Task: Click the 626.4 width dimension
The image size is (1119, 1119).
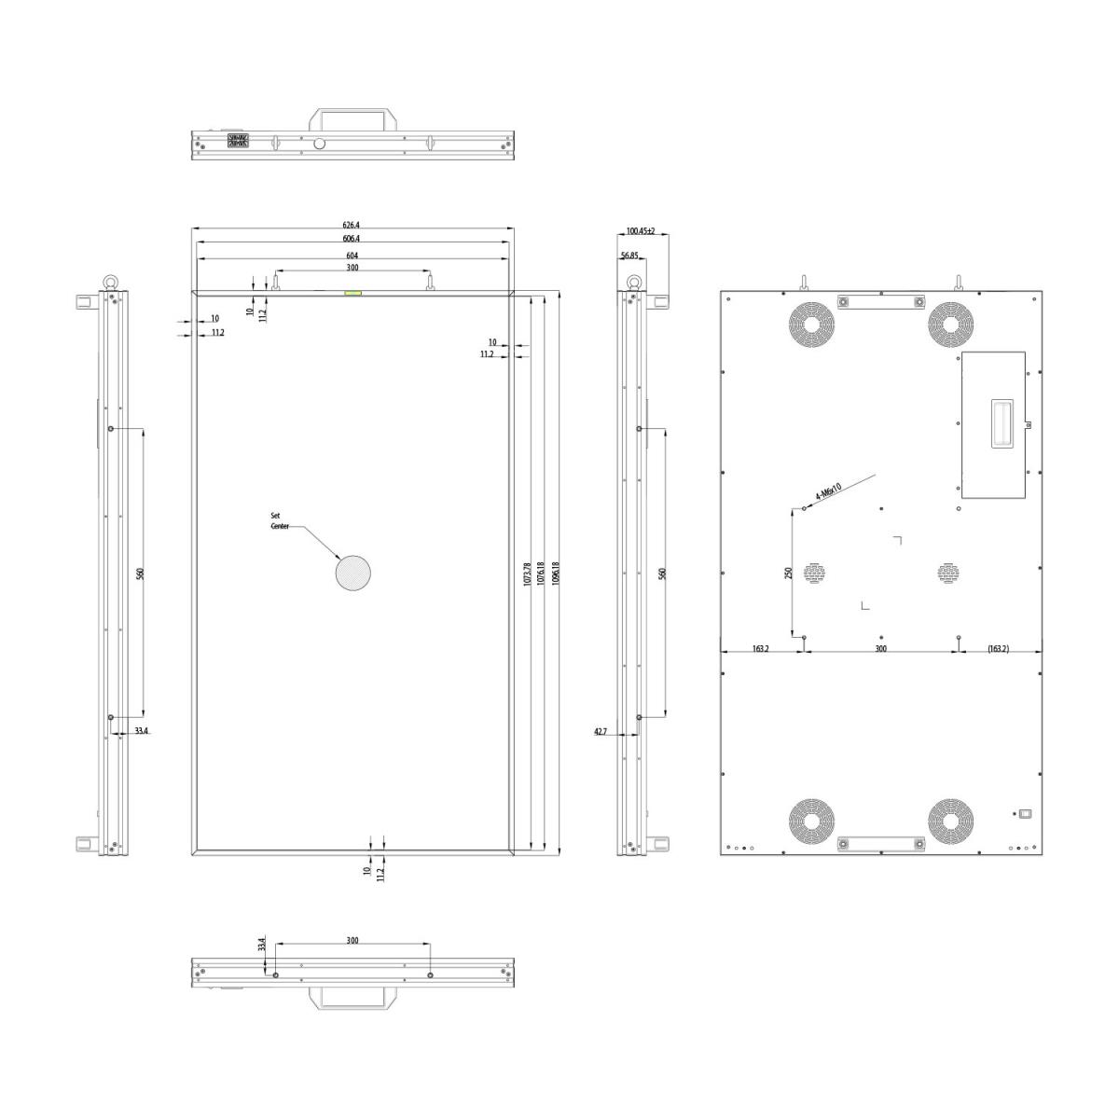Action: tap(351, 225)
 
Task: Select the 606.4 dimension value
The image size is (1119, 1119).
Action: tap(351, 239)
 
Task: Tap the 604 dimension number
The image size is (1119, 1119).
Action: tap(352, 256)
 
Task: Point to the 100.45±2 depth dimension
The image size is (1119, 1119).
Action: tap(641, 231)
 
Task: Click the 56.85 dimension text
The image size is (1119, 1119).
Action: tap(629, 256)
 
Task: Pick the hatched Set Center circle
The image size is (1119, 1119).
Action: tap(353, 573)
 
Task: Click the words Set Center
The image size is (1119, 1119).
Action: tap(280, 521)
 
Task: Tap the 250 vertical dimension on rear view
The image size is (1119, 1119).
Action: tap(788, 573)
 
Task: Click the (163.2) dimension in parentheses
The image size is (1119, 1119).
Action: tap(998, 649)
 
